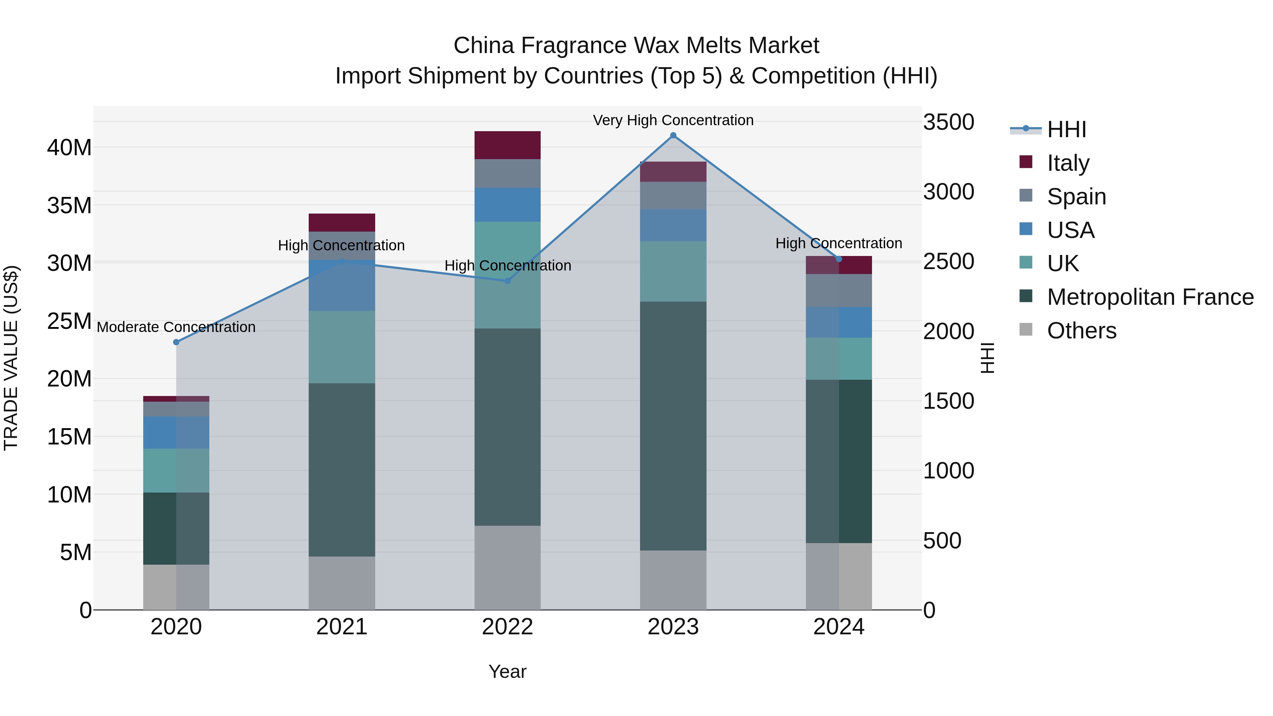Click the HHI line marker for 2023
(x=673, y=135)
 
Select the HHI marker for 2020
(x=176, y=342)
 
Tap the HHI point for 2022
(x=507, y=281)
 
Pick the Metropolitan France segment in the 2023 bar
(x=673, y=426)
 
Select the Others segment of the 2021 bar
(x=342, y=583)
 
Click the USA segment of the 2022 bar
(x=507, y=205)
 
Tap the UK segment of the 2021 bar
(x=342, y=347)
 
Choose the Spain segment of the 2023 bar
(x=673, y=195)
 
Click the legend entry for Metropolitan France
(x=1150, y=297)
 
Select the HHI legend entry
(x=1066, y=129)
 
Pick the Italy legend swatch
(x=1026, y=162)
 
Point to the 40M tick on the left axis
(x=69, y=147)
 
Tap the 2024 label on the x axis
(x=839, y=627)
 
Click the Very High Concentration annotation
(x=673, y=120)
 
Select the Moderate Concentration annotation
(x=176, y=327)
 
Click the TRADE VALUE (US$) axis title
(x=11, y=358)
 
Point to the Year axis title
(x=507, y=671)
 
